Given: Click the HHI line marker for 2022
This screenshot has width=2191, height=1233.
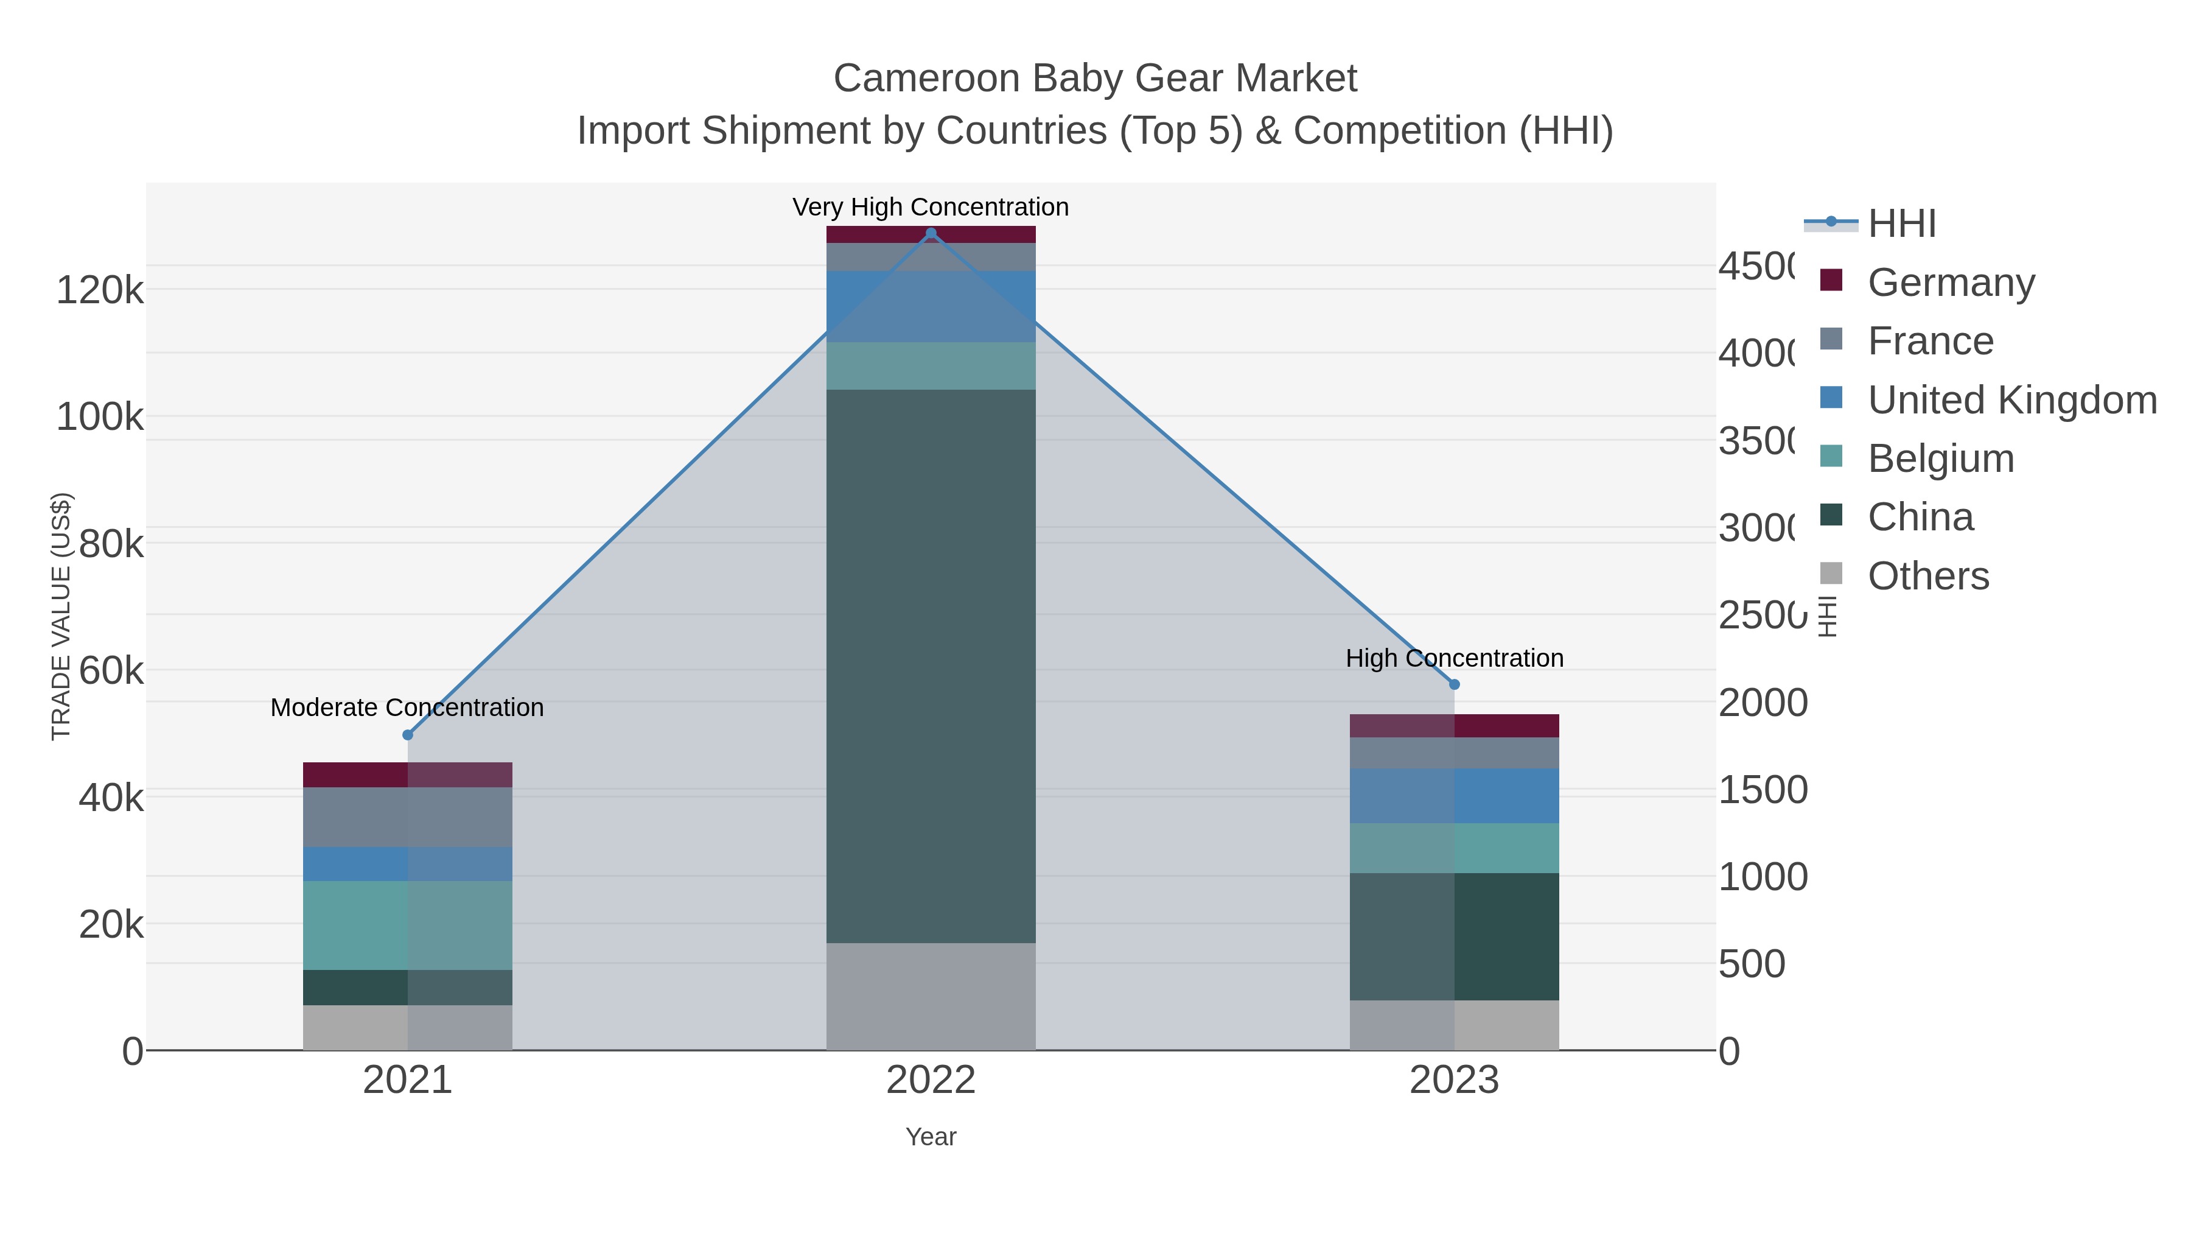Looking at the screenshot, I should pyautogui.click(x=931, y=233).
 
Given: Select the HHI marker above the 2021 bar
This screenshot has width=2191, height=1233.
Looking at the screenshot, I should pyautogui.click(x=407, y=734).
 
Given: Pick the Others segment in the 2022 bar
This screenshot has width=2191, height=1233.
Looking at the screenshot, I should pyautogui.click(x=931, y=996).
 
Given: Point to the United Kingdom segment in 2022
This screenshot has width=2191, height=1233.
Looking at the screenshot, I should pyautogui.click(x=931, y=306).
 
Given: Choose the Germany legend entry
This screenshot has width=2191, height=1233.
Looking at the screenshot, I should pyautogui.click(x=1951, y=283).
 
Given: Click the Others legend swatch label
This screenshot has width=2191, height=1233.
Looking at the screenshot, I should pyautogui.click(x=1928, y=576).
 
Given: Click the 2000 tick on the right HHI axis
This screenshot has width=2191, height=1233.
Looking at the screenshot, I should pyautogui.click(x=1763, y=703).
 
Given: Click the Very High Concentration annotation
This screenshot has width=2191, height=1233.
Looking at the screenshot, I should pyautogui.click(x=931, y=207).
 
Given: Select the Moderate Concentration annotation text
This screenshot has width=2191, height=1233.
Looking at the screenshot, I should pyautogui.click(x=407, y=707).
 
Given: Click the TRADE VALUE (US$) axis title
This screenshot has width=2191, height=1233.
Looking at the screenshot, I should pyautogui.click(x=61, y=616).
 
